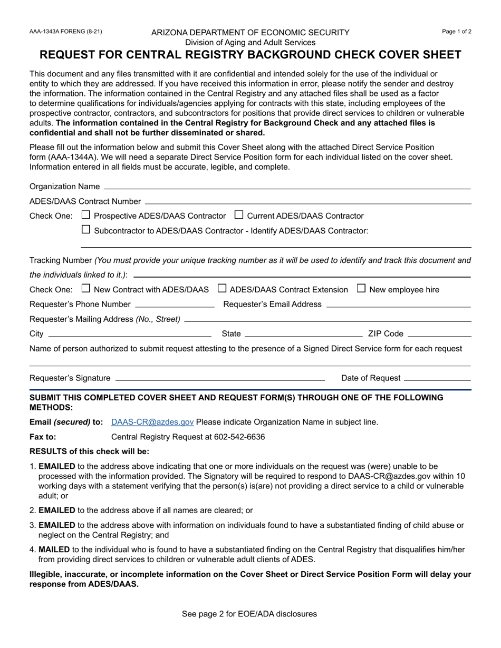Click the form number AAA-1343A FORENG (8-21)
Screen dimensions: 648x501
pyautogui.click(x=66, y=32)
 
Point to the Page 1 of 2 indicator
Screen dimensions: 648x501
pyautogui.click(x=457, y=32)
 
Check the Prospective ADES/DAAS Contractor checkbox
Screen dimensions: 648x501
pyautogui.click(x=87, y=215)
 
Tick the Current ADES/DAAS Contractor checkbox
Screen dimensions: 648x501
pyautogui.click(x=239, y=215)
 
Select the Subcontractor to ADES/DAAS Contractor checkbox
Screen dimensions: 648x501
pyautogui.click(x=87, y=230)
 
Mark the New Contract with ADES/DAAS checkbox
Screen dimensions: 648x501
pyautogui.click(x=87, y=289)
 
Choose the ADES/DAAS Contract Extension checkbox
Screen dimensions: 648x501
pyautogui.click(x=222, y=289)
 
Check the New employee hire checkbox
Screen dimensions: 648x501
pyautogui.click(x=361, y=289)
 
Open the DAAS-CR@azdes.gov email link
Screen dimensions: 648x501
pyautogui.click(x=152, y=422)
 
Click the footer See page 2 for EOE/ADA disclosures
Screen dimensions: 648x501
pyautogui.click(x=249, y=614)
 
